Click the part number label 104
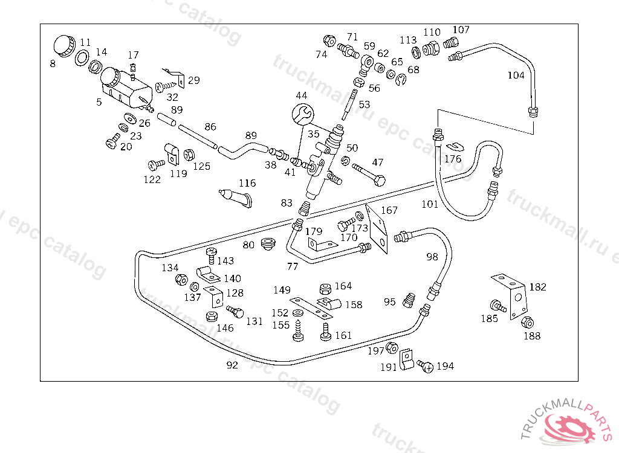click(x=516, y=75)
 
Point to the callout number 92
click(x=232, y=365)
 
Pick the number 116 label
click(x=247, y=183)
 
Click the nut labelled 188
click(x=527, y=323)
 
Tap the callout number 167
click(x=389, y=210)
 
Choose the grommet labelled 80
click(x=266, y=244)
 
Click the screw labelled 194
click(x=427, y=366)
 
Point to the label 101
click(x=430, y=204)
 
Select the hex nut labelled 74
click(x=329, y=41)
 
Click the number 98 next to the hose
click(x=432, y=257)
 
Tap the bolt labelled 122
click(x=155, y=164)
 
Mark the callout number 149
click(x=282, y=290)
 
